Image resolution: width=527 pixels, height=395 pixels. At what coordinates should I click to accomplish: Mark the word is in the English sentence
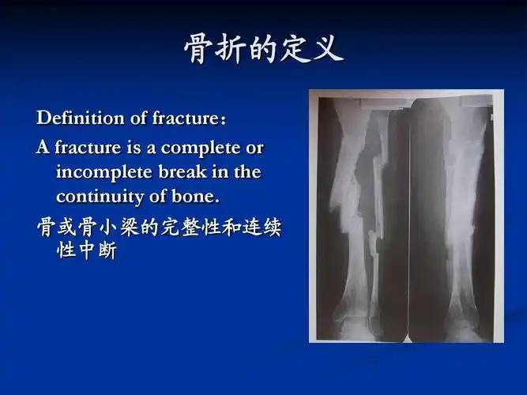point(133,148)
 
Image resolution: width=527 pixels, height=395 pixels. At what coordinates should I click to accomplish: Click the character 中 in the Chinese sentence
point(87,254)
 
